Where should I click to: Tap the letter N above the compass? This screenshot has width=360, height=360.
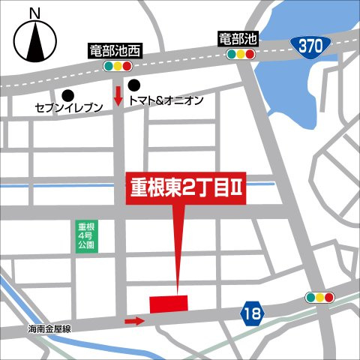(x=33, y=13)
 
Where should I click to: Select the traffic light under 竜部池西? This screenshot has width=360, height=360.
(x=115, y=66)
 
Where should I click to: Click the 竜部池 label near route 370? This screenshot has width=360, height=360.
(x=238, y=37)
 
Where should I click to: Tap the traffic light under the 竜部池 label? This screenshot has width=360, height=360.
(x=240, y=54)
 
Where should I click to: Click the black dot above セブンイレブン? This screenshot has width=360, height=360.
(x=68, y=94)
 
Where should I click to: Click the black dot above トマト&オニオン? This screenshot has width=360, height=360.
(x=133, y=85)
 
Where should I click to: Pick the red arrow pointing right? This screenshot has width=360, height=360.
(x=134, y=322)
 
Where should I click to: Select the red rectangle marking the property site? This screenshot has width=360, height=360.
(x=168, y=304)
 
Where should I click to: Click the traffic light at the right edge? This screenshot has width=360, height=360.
(x=319, y=298)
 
